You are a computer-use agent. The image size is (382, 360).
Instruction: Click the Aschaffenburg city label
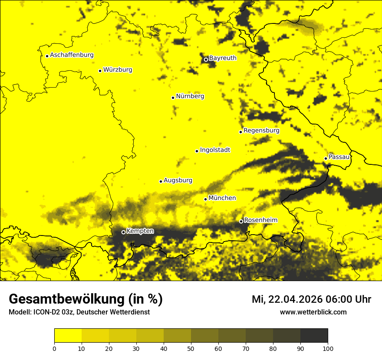[72, 55]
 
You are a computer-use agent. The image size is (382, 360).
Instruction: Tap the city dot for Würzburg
[100, 71]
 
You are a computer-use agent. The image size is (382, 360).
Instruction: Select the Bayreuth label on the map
[223, 58]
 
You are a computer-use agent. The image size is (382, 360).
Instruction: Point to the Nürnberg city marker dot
[173, 98]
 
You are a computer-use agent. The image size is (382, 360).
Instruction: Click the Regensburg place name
[261, 130]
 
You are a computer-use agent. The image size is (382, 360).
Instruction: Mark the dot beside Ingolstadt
[197, 151]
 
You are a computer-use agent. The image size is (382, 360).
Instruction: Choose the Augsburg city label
[178, 180]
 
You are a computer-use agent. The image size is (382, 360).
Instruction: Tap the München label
[222, 198]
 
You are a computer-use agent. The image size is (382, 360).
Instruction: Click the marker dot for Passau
[326, 158]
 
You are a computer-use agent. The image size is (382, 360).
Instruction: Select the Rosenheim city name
[260, 220]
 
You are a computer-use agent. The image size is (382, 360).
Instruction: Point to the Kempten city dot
[123, 232]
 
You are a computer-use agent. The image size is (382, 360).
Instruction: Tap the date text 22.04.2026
[295, 299]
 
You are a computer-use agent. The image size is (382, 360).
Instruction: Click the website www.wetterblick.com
[313, 312]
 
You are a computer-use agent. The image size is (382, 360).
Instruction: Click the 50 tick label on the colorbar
[191, 348]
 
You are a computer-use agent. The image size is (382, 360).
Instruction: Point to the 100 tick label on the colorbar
[328, 348]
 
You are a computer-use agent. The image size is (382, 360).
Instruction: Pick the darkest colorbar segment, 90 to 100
[314, 336]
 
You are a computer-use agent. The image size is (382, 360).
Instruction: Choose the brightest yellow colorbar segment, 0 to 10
[68, 336]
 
